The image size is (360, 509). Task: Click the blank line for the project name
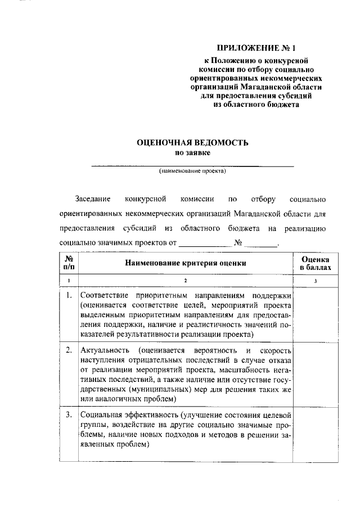tap(192, 165)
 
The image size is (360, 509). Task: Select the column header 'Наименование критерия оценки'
tap(185, 263)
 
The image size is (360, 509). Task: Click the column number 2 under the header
tap(185, 280)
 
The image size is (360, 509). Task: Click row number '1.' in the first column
tap(69, 295)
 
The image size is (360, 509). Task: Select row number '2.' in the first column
tap(69, 350)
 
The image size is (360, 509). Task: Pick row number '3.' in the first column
tap(69, 415)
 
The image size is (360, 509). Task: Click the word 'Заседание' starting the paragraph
tap(93, 200)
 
